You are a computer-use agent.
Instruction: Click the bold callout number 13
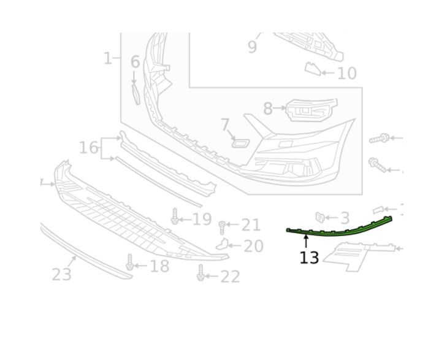pos(309,258)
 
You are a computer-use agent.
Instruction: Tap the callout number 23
pos(61,274)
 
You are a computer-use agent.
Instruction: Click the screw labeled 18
pos(129,262)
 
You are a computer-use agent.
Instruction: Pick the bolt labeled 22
pos(200,272)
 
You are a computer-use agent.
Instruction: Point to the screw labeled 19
pos(175,216)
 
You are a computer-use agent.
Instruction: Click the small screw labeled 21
pos(222,228)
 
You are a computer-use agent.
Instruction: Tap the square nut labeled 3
pos(319,217)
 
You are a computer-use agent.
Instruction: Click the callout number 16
pos(89,148)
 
